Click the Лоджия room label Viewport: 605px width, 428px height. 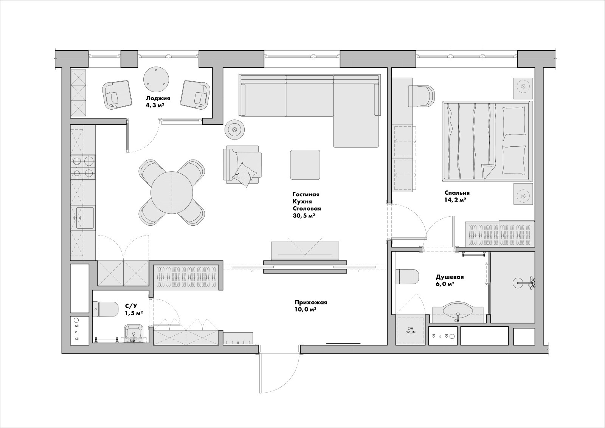[x=158, y=98]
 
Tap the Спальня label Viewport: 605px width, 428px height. [x=457, y=193]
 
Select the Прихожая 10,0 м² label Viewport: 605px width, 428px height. [x=311, y=306]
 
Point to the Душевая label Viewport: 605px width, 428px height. [x=450, y=277]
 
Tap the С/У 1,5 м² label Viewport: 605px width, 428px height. [x=134, y=309]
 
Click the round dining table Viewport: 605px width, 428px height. [x=172, y=193]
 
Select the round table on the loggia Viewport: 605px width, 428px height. [x=156, y=80]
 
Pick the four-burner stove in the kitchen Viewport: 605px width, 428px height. [x=83, y=167]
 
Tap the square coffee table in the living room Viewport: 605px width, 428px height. [x=305, y=164]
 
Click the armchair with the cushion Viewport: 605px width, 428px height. [x=242, y=165]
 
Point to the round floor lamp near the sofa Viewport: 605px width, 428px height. [x=235, y=129]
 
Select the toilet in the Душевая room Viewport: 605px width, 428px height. [x=407, y=277]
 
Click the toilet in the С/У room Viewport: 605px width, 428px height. [x=105, y=310]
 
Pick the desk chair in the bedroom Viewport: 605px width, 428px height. [x=421, y=96]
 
